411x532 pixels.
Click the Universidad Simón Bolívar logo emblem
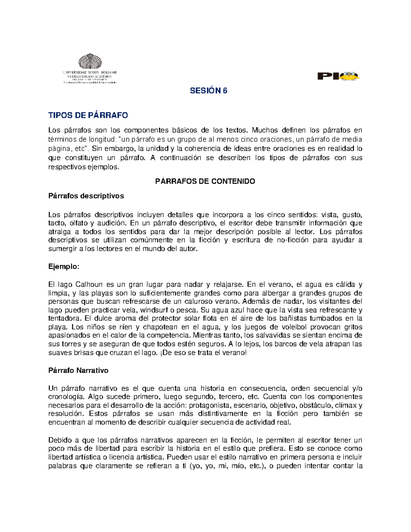[x=90, y=62]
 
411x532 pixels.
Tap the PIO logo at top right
[x=338, y=76]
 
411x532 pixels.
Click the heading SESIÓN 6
[x=209, y=91]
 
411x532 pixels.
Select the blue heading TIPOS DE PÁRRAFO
[x=88, y=115]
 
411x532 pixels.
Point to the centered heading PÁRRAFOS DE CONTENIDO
[x=205, y=182]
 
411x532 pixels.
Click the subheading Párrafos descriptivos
[x=86, y=196]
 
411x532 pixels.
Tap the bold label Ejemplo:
[x=64, y=267]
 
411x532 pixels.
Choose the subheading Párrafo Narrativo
[x=78, y=371]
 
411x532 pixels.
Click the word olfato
[x=78, y=224]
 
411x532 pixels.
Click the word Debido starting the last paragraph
[x=60, y=440]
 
